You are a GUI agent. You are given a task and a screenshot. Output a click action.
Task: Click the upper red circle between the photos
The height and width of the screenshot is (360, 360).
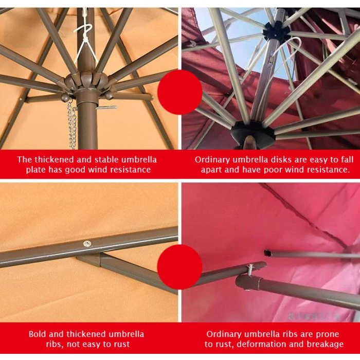tap(180, 92)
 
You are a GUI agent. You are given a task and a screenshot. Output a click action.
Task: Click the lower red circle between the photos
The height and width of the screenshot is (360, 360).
tap(180, 267)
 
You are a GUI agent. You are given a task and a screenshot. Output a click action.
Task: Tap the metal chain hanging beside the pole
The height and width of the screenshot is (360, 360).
tap(72, 125)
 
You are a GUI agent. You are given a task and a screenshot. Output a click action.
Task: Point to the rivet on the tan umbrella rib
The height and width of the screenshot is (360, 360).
tap(87, 244)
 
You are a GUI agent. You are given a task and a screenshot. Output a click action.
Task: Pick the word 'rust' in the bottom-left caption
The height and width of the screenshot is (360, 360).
tap(122, 345)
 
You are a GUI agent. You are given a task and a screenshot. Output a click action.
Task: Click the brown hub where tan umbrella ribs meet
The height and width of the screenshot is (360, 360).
tap(86, 81)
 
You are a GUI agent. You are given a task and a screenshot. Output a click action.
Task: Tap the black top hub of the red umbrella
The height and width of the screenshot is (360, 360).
tap(276, 31)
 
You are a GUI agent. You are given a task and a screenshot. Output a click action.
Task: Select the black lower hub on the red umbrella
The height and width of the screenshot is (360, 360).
tap(253, 134)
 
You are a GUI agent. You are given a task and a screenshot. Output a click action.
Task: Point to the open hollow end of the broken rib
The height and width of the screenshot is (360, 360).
tap(267, 253)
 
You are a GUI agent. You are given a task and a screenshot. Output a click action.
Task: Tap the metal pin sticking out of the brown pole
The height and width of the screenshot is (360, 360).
tap(106, 107)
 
